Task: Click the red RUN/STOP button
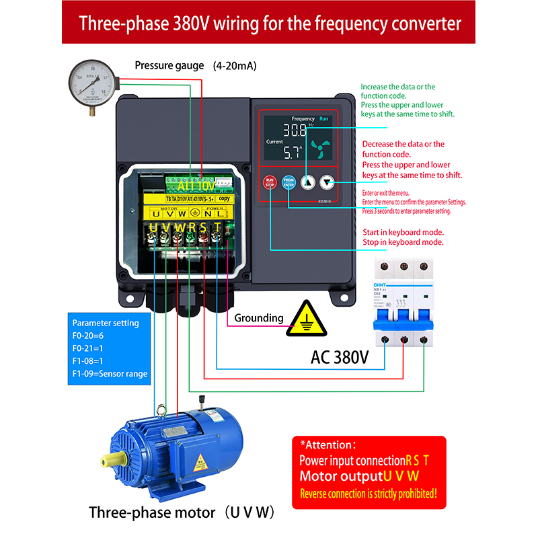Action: [270, 182]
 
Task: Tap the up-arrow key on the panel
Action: [308, 182]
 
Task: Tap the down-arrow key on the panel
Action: [327, 182]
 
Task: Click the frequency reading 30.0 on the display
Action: [295, 130]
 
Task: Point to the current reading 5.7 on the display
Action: [293, 152]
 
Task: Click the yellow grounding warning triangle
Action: [307, 319]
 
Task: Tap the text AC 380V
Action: [340, 357]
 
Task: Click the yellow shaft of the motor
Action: [108, 461]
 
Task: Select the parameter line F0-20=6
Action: [88, 336]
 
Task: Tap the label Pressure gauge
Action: [169, 66]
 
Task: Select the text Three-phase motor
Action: [152, 512]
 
